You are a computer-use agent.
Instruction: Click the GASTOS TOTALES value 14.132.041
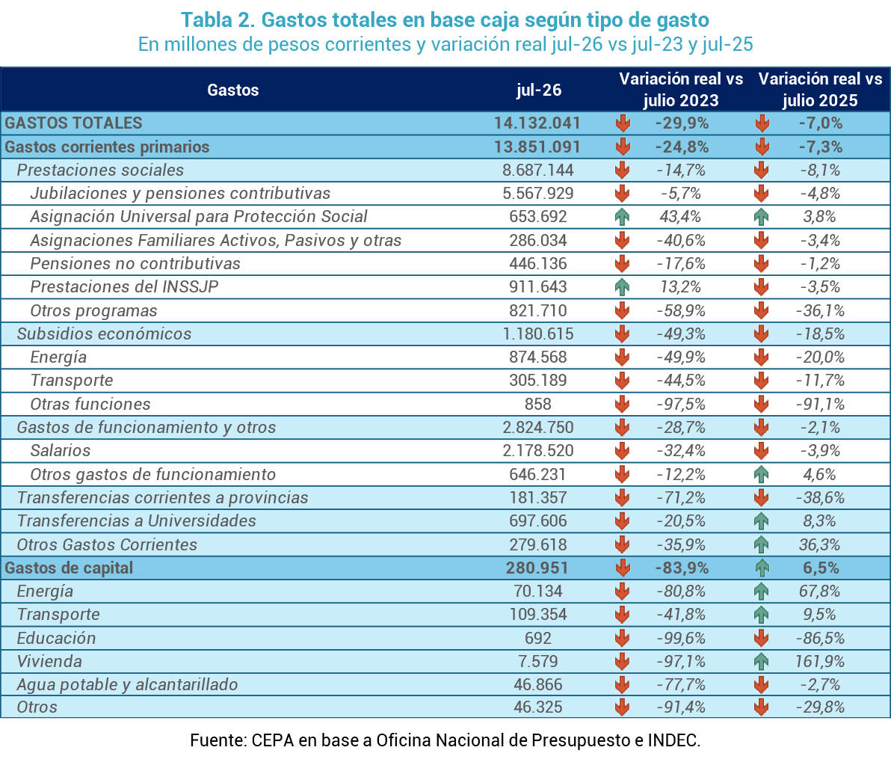(537, 123)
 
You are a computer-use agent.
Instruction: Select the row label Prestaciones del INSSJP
(124, 286)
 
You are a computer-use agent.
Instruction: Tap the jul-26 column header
(539, 90)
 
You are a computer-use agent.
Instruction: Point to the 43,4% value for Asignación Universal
(680, 217)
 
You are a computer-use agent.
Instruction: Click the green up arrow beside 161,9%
(762, 661)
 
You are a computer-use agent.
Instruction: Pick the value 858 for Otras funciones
(538, 404)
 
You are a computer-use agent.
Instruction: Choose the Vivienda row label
(49, 661)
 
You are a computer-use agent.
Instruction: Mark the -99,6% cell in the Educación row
(681, 638)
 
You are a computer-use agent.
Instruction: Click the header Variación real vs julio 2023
(681, 89)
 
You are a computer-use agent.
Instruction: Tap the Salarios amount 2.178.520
(538, 450)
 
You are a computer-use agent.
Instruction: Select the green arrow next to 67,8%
(762, 592)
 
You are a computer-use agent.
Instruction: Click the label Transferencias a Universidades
(136, 520)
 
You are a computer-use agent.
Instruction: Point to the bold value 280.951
(537, 568)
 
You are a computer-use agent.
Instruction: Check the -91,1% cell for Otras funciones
(820, 404)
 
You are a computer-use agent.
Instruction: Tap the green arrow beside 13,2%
(622, 287)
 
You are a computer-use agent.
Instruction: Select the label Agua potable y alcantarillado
(127, 684)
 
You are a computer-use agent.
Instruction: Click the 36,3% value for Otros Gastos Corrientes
(819, 544)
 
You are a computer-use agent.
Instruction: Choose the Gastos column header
(233, 90)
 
